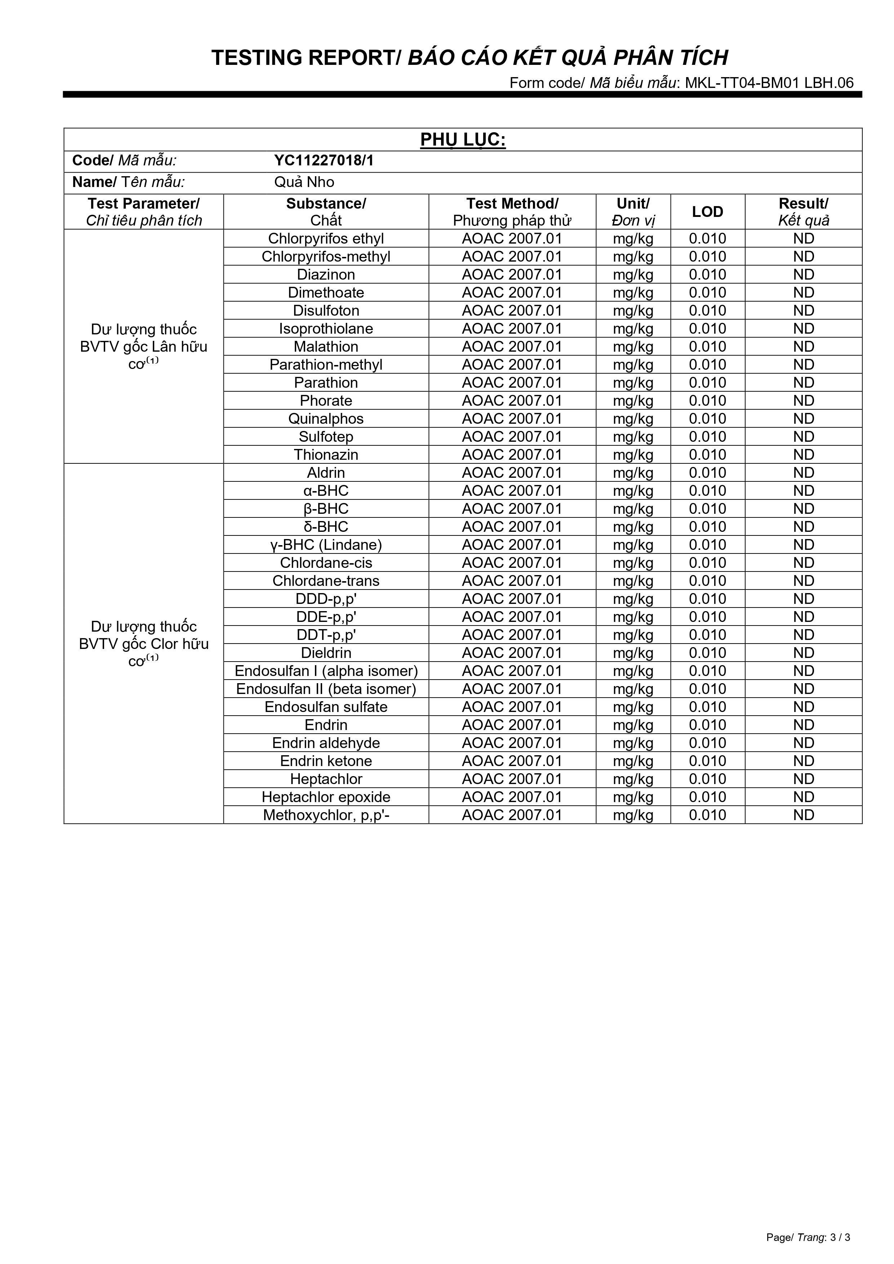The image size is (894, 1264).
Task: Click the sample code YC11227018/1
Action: (x=324, y=161)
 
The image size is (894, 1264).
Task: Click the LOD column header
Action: (x=707, y=212)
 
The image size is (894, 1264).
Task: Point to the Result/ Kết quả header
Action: (x=803, y=212)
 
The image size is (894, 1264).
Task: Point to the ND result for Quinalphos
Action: (x=803, y=419)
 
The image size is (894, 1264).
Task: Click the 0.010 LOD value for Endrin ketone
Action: (x=707, y=761)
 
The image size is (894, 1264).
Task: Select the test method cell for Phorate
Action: (x=512, y=401)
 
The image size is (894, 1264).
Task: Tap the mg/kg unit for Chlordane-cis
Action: (x=633, y=563)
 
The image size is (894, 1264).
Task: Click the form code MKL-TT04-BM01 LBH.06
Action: (x=769, y=83)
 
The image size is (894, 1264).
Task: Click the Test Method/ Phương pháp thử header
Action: (x=512, y=212)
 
